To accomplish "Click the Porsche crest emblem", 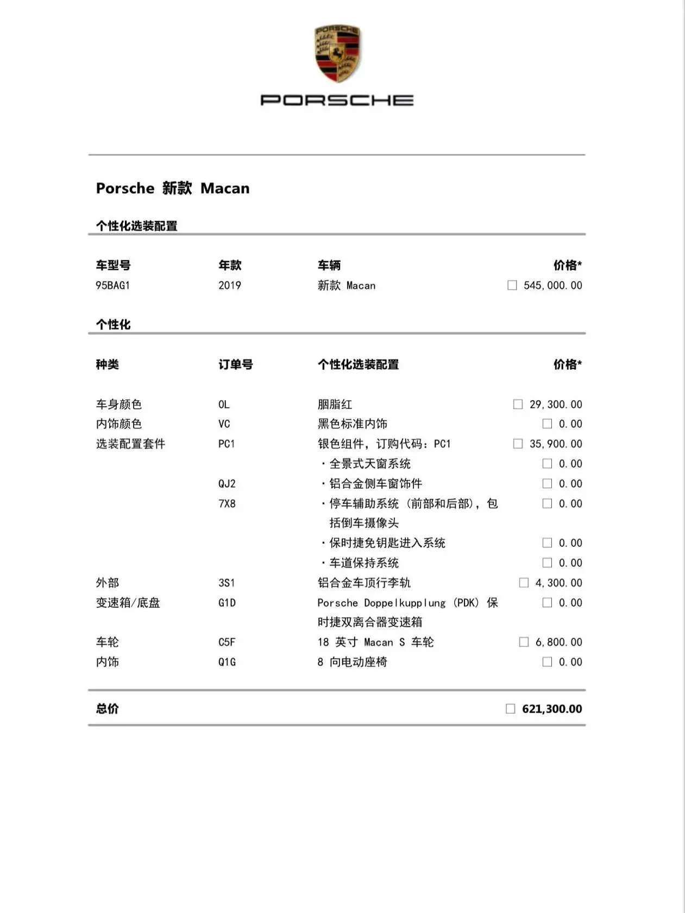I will click(337, 53).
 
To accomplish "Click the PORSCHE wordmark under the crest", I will click(337, 100).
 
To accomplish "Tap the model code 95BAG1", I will click(112, 285).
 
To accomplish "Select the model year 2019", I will click(229, 285).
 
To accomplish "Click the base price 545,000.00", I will click(552, 285).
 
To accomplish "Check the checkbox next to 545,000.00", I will click(512, 285).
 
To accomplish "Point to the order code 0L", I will click(224, 404).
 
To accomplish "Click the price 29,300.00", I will click(555, 404).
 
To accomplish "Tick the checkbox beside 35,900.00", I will click(518, 444).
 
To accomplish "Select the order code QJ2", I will click(227, 483).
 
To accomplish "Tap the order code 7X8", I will click(227, 503).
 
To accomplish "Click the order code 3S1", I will click(227, 583).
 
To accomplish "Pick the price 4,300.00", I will click(558, 583).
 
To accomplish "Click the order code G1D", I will click(227, 603).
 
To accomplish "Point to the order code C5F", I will click(227, 642).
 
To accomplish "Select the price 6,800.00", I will click(558, 642).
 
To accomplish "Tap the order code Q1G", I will click(227, 662).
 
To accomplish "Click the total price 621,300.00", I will click(552, 709).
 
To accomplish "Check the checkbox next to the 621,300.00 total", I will click(510, 709).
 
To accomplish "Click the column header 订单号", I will click(236, 364).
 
